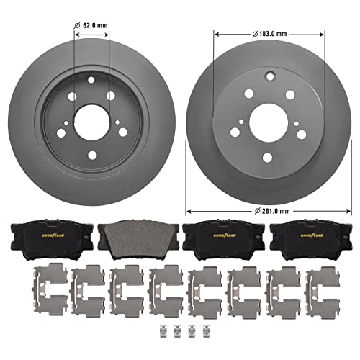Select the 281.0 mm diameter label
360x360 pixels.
tap(273, 210)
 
